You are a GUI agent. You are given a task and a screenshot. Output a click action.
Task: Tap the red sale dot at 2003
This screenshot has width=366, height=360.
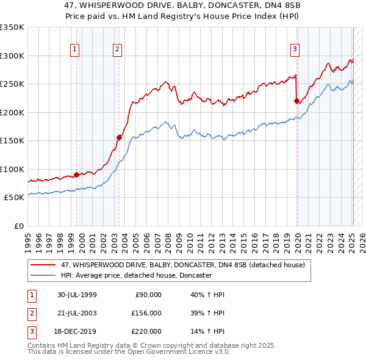[120, 137]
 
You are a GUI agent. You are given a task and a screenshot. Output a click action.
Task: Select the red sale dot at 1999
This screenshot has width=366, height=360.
[77, 175]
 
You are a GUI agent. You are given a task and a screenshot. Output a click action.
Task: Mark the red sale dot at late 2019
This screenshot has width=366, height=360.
[296, 101]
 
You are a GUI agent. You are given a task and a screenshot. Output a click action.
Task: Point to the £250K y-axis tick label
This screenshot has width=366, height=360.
[12, 84]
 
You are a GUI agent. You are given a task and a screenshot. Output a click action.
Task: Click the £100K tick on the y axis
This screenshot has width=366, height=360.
[12, 169]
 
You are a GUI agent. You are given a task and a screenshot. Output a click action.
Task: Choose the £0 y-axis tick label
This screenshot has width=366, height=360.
[19, 226]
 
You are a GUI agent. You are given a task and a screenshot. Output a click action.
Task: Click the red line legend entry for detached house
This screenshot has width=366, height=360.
[186, 264]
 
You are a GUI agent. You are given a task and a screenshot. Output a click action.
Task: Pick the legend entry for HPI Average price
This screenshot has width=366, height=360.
[135, 275]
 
